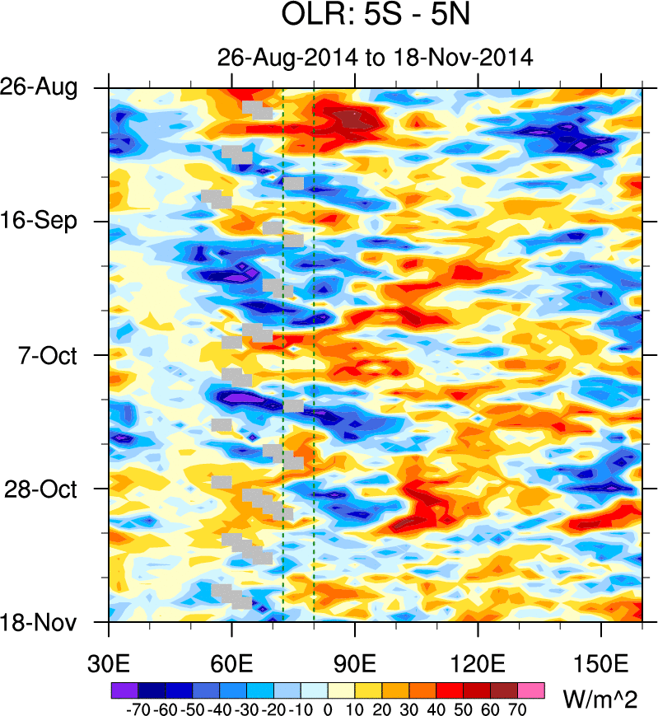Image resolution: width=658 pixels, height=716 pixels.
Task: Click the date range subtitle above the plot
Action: [x=376, y=58]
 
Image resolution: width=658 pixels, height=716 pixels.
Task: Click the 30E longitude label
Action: [x=110, y=662]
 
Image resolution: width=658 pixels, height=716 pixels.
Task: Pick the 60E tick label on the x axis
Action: [x=232, y=662]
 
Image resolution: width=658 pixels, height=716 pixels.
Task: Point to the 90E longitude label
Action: [x=355, y=662]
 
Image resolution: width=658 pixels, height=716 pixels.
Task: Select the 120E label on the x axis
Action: [x=478, y=662]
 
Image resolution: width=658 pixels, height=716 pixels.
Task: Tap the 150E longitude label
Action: [x=601, y=662]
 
